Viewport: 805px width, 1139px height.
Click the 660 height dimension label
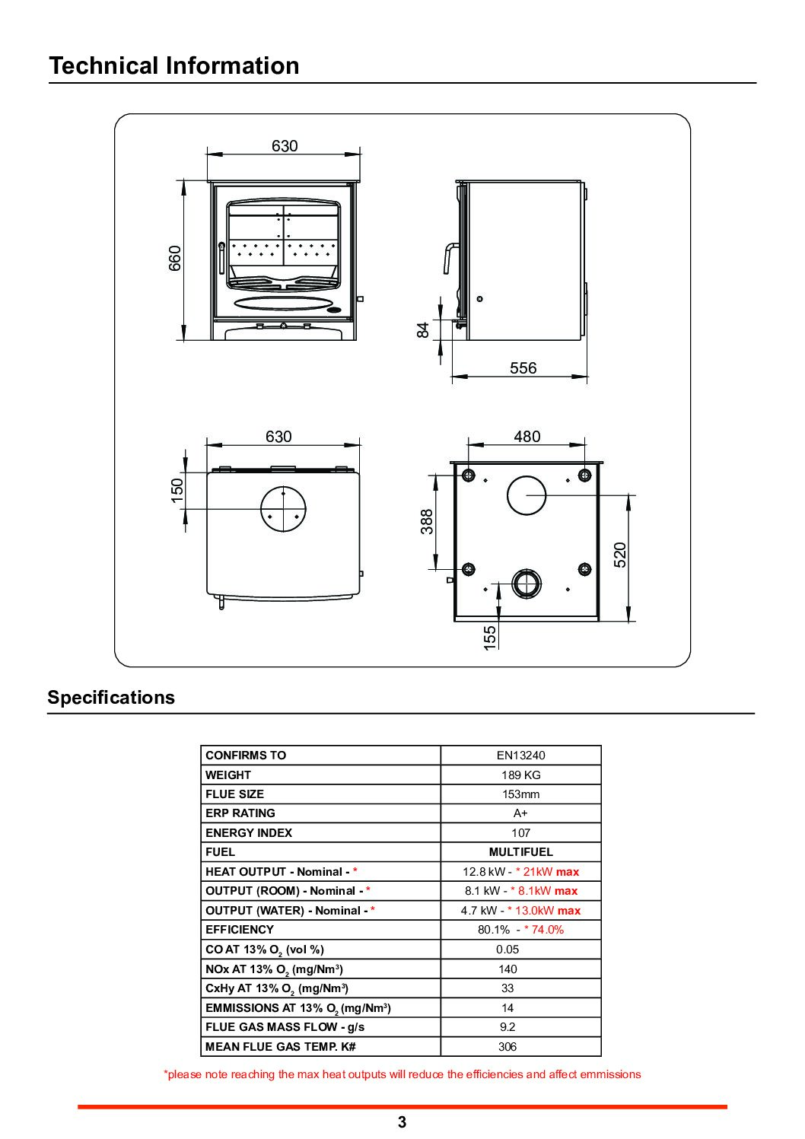click(x=174, y=258)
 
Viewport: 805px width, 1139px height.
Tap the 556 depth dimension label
click(x=523, y=367)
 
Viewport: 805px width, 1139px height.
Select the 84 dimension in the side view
click(x=422, y=329)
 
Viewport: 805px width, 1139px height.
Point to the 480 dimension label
click(x=527, y=436)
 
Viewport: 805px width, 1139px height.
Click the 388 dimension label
click(x=427, y=522)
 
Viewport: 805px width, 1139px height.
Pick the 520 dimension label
click(x=620, y=555)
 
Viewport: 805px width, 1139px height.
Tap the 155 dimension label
click(x=489, y=638)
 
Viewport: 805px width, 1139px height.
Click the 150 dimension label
click(x=177, y=490)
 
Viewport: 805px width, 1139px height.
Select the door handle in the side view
click(x=446, y=257)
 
